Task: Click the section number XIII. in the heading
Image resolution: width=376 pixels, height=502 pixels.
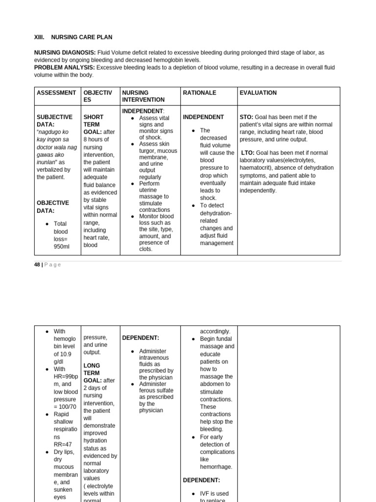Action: [39, 37]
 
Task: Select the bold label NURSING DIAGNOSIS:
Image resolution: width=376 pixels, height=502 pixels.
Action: [65, 52]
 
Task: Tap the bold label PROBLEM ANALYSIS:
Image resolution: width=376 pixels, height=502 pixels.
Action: [64, 67]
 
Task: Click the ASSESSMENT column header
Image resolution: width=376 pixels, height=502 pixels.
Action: [56, 93]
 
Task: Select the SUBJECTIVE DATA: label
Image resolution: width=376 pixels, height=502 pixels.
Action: [54, 121]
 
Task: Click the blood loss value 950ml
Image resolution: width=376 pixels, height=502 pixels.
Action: [61, 247]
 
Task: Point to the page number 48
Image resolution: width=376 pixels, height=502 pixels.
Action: [37, 265]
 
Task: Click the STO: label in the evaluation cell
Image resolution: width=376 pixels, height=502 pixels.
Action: [247, 117]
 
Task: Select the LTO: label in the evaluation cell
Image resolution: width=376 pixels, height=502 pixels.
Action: [248, 153]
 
